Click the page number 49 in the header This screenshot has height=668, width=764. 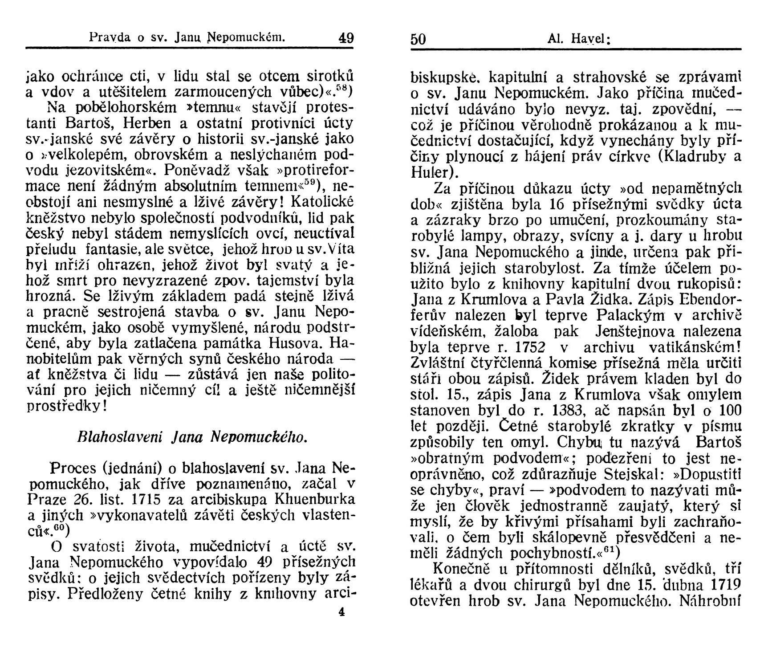click(346, 37)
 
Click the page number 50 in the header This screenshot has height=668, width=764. click(418, 39)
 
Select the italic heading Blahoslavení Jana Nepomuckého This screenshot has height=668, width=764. click(192, 437)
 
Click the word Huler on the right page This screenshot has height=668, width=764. click(428, 172)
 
